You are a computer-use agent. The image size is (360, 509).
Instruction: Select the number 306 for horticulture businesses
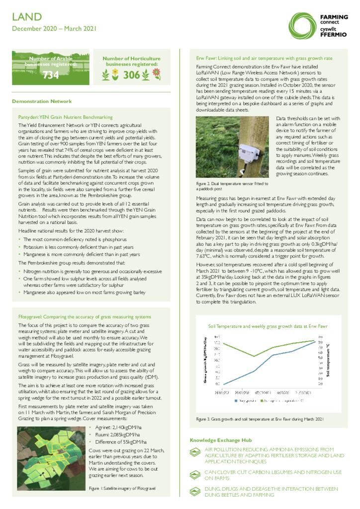coord(132,75)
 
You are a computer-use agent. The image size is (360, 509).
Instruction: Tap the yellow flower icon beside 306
coord(115,75)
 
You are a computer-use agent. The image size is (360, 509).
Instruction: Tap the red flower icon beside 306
coord(156,74)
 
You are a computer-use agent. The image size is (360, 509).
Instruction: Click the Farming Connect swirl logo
coord(302,25)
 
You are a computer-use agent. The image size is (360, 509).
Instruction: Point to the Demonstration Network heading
coord(42,101)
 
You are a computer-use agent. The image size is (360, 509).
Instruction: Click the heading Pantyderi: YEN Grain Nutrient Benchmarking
coord(65,117)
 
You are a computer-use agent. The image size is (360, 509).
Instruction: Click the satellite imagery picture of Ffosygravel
coord(50,453)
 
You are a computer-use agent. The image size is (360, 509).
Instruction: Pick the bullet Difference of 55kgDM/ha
coord(120,441)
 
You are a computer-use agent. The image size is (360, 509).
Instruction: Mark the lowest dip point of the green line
coord(255,356)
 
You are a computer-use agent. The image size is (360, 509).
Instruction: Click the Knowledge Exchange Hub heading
coord(220,440)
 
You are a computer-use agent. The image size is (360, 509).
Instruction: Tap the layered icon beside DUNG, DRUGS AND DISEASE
coord(196,492)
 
